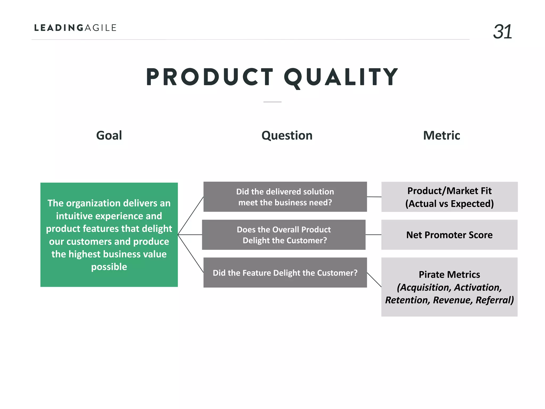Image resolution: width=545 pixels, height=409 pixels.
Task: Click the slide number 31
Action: click(502, 32)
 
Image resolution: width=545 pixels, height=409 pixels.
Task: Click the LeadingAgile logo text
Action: click(75, 28)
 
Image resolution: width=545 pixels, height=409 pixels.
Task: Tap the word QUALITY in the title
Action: click(341, 77)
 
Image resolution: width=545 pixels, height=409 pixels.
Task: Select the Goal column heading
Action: click(109, 135)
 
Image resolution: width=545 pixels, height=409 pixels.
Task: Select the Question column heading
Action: click(287, 135)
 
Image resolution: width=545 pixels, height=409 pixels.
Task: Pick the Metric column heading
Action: click(441, 135)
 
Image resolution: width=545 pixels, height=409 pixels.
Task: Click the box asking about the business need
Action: click(285, 197)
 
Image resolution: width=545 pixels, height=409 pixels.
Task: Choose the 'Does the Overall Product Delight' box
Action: click(284, 235)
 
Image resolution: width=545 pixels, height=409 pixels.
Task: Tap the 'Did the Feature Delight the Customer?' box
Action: click(285, 273)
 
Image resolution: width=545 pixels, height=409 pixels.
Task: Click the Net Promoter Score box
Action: click(449, 235)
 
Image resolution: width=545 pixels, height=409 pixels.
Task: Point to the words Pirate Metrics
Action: click(449, 275)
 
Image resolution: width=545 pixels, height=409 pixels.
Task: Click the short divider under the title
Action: click(272, 102)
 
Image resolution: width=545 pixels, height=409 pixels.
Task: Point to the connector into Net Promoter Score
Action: click(373, 235)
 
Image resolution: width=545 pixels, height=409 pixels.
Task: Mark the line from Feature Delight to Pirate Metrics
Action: click(374, 280)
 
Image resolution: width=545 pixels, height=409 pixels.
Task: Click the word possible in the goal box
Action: click(109, 267)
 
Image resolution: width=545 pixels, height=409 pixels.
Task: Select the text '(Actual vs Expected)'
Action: click(449, 204)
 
